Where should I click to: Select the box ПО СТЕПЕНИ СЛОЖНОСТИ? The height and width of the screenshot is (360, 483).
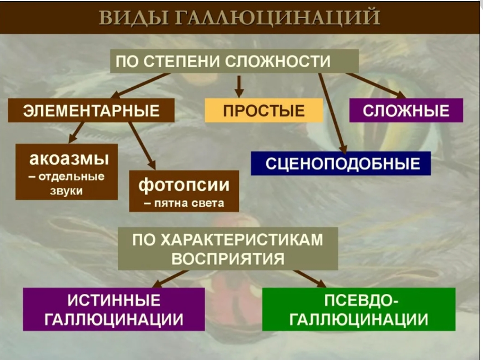coord(235,61)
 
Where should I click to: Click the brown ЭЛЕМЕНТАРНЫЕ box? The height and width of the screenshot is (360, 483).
coord(91,111)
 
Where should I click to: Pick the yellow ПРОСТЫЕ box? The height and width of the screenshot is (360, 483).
coord(264,111)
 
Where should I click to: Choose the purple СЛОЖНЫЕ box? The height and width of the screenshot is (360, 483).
coord(406,111)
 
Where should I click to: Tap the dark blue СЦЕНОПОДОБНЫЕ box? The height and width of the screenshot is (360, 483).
coord(341,163)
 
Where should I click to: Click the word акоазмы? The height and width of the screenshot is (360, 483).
coord(69,159)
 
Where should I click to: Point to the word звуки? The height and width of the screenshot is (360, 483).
coord(67,191)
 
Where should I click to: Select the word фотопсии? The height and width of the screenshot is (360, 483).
coord(184,186)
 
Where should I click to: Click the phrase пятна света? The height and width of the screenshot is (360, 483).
coord(190,203)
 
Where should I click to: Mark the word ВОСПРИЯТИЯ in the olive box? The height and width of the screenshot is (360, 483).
coord(228,259)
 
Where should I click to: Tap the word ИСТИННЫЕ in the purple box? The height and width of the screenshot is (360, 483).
coord(114,300)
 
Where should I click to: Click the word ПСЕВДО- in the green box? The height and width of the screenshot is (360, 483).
coord(361,300)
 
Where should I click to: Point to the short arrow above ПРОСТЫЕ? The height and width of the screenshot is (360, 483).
coord(239,87)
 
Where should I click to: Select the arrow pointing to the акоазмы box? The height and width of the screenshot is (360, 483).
coord(76,133)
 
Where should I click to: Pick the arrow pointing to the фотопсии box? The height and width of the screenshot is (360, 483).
coord(142,146)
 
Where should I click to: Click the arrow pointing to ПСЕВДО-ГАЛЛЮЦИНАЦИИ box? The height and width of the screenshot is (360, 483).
coord(310,279)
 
